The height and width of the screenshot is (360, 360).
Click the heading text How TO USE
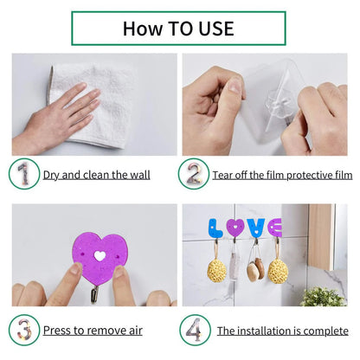(x=178, y=28)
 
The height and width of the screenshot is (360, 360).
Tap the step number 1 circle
(x=23, y=174)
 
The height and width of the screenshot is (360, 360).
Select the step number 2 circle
(x=193, y=174)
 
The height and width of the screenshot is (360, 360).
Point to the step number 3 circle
(x=23, y=330)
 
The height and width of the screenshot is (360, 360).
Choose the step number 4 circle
(x=193, y=330)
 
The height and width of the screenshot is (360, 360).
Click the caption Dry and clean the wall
(x=96, y=175)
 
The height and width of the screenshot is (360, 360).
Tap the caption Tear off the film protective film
(x=281, y=175)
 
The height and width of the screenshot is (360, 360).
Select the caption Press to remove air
(x=93, y=331)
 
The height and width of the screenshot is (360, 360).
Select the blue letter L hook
(x=215, y=229)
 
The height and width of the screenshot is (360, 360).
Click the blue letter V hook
(x=256, y=228)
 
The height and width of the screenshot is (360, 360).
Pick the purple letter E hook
(x=275, y=228)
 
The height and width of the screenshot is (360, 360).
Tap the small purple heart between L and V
(x=235, y=228)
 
